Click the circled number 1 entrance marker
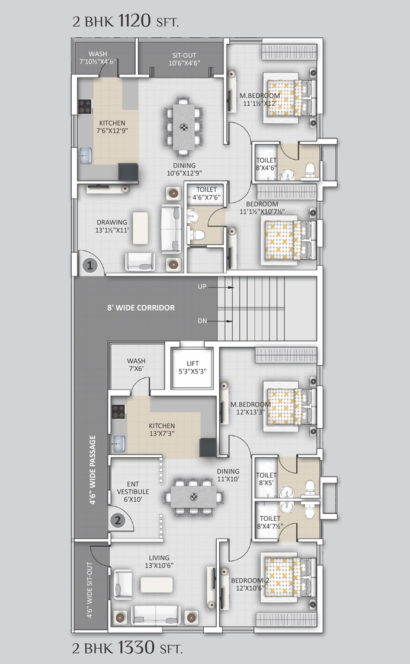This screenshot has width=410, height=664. click(90, 266)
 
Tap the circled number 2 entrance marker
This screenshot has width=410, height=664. click(118, 520)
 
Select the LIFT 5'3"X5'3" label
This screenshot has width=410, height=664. click(193, 368)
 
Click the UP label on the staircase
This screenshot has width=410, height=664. click(202, 286)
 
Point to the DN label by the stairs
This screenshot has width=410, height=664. click(202, 321)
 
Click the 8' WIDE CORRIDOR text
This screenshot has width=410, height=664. click(141, 308)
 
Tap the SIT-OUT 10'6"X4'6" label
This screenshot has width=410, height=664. click(184, 59)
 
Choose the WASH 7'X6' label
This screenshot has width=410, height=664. click(136, 365)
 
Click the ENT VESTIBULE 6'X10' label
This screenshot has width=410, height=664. click(133, 492)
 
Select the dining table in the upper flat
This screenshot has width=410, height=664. click(184, 127)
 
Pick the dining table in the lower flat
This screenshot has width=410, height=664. click(193, 497)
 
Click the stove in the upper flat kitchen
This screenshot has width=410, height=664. click(85, 107)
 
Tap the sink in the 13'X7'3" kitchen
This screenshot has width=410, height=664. click(118, 444)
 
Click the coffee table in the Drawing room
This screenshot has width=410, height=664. click(140, 228)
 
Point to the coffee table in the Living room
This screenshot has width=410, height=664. click(157, 585)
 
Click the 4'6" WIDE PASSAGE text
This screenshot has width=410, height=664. click(92, 470)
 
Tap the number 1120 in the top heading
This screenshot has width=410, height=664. click(134, 20)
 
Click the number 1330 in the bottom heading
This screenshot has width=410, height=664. click(136, 647)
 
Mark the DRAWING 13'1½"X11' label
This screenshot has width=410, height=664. click(112, 226)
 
